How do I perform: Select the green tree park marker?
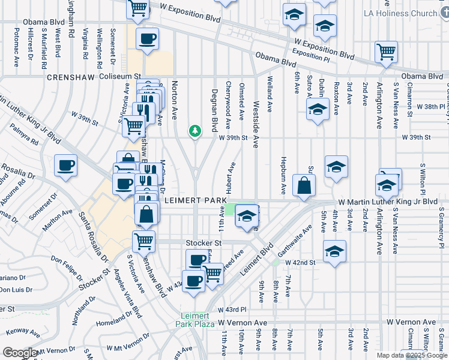[x=194, y=130]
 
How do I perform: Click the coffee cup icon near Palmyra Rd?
[x=65, y=165]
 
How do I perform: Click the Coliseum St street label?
[x=119, y=77]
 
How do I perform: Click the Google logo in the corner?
[x=19, y=353]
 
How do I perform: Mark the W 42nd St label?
[x=300, y=263]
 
